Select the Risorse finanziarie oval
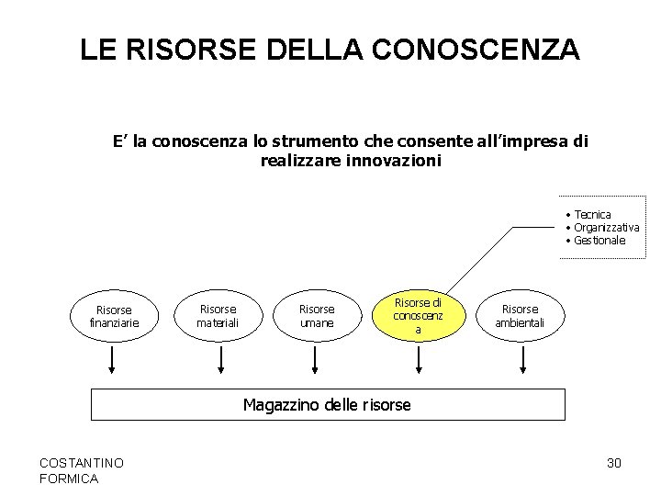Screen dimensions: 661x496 [x=113, y=316]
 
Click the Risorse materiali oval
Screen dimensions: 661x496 [x=218, y=316]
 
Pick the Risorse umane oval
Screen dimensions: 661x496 [x=317, y=316]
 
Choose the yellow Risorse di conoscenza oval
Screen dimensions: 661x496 [x=418, y=315]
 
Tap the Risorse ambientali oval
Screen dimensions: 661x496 [x=521, y=316]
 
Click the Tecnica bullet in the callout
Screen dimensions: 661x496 [x=592, y=215]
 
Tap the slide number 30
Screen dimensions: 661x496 [x=614, y=463]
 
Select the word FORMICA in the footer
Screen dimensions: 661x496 [x=71, y=479]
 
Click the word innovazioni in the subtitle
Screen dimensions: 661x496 [x=390, y=161]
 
